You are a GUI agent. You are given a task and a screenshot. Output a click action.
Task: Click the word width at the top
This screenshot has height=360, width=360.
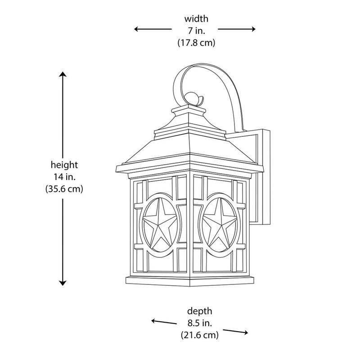pos(196,19)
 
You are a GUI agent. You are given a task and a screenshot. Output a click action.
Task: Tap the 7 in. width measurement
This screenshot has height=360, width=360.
pos(197,31)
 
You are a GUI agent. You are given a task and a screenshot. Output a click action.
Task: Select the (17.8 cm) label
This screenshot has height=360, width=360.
pos(196,43)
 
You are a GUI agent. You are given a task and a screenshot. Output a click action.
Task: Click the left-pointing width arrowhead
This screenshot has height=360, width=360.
pos(137,29)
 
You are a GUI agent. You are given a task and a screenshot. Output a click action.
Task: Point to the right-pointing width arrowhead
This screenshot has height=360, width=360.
pos(252,29)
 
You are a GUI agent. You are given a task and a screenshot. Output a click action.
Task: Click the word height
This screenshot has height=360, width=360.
pos(64,165)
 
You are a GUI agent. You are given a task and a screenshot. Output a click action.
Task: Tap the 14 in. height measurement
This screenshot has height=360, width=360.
pos(64,177)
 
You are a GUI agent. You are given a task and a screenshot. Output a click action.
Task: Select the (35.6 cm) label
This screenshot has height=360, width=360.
pos(64,189)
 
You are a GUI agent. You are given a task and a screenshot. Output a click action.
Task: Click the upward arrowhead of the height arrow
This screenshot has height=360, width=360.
pos(63,74)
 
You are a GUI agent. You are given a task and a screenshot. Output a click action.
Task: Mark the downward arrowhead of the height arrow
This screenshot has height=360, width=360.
pos(63,283)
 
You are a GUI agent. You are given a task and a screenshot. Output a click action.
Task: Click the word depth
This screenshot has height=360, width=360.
pos(199,311)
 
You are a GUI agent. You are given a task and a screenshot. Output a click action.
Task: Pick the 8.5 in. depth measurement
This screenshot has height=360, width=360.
pos(200,323)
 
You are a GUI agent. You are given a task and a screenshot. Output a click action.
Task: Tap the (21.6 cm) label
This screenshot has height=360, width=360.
pos(199,335)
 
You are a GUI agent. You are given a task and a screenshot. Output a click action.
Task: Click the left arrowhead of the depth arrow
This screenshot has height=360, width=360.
pos(154,321)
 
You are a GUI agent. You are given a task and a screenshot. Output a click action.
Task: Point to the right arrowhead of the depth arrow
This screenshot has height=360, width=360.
pos(245,333)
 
